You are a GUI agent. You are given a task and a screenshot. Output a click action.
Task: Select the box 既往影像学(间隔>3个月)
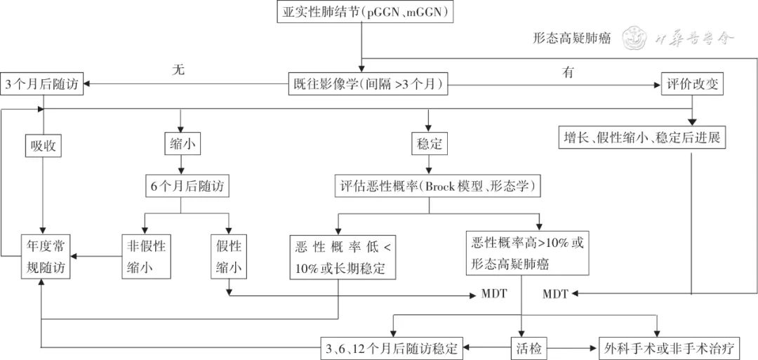[368, 84]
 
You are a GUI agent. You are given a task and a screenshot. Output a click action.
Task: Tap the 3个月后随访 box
[43, 84]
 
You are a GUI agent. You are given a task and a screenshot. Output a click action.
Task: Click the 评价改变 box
[692, 84]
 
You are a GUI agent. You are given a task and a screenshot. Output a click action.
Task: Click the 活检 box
[528, 347]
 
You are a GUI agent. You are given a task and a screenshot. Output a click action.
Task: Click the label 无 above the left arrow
[178, 70]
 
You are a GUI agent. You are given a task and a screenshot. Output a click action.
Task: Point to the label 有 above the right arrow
[568, 71]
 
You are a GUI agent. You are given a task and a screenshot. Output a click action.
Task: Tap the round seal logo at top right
[637, 37]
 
